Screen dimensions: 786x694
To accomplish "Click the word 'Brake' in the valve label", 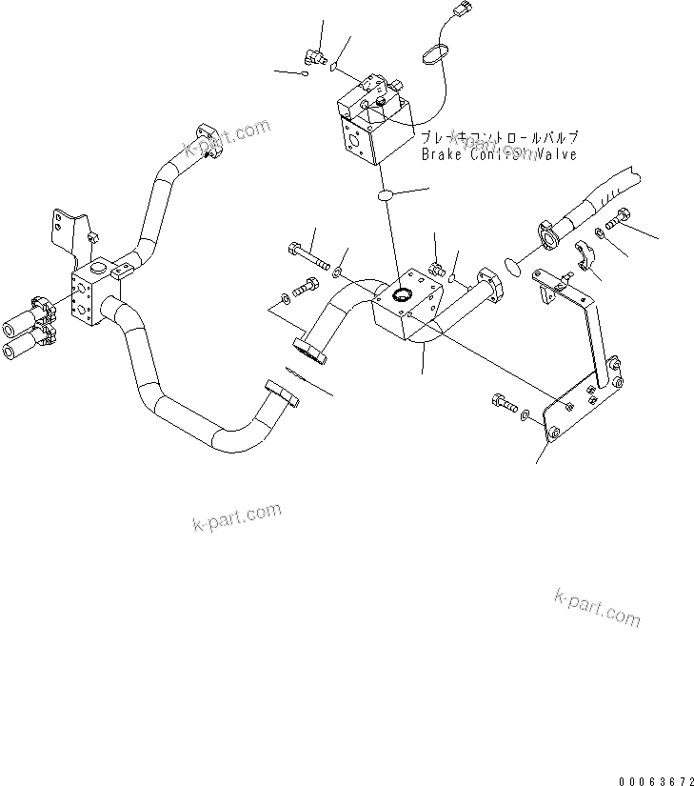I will click(440, 154).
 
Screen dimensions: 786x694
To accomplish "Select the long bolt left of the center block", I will click(307, 255).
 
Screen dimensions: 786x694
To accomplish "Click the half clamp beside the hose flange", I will click(587, 256).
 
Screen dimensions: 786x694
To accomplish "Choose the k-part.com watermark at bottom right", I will click(597, 607).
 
